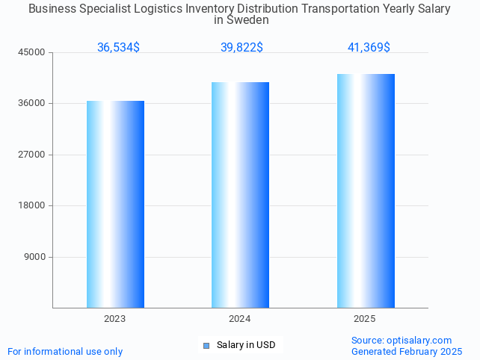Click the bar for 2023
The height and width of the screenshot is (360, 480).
click(115, 204)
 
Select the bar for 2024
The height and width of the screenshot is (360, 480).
click(240, 195)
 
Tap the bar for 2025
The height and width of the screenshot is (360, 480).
click(366, 190)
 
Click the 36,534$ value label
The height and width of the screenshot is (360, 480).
click(118, 48)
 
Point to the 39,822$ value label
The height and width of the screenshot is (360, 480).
click(241, 48)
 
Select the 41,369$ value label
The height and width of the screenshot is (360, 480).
click(369, 48)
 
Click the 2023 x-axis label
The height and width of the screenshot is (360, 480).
click(115, 319)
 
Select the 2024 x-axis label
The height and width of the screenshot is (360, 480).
click(240, 319)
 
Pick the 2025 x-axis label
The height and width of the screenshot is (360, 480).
click(365, 319)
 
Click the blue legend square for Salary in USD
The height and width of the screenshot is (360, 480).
click(206, 345)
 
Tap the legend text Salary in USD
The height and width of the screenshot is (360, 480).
click(246, 345)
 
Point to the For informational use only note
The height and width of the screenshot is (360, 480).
click(65, 352)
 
